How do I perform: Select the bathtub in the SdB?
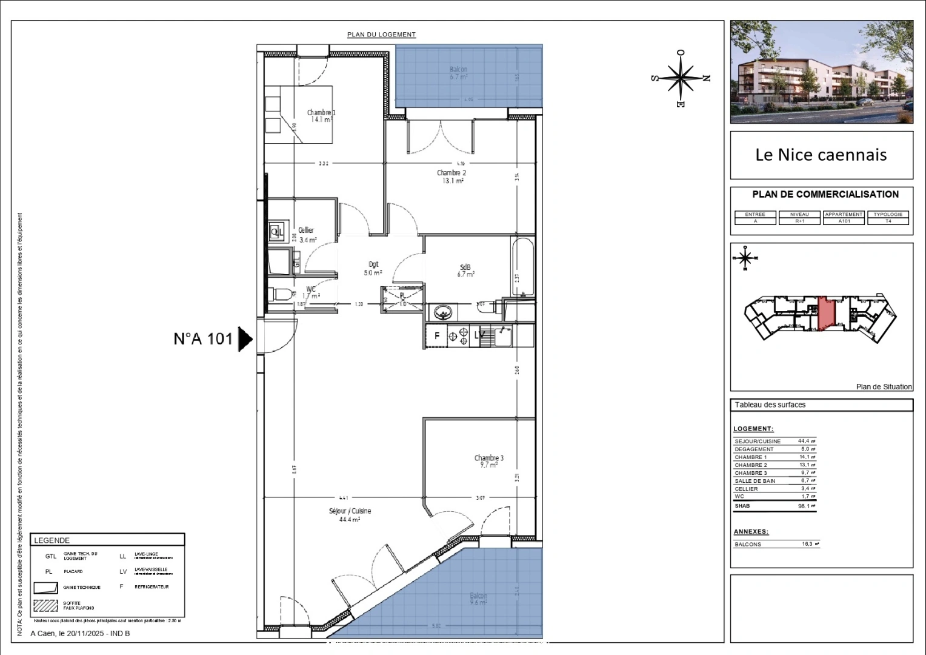coord(522,267)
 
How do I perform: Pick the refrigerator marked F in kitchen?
coord(436,335)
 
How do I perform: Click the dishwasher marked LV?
coord(479,335)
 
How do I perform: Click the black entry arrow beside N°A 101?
coord(245,339)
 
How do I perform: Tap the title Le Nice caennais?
coord(821,155)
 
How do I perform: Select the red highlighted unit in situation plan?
coord(826,314)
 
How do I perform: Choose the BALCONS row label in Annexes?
coord(748,545)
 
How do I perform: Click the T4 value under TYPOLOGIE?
coord(888,221)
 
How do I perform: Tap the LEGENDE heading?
coord(52,540)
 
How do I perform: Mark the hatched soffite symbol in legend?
coord(45,605)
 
